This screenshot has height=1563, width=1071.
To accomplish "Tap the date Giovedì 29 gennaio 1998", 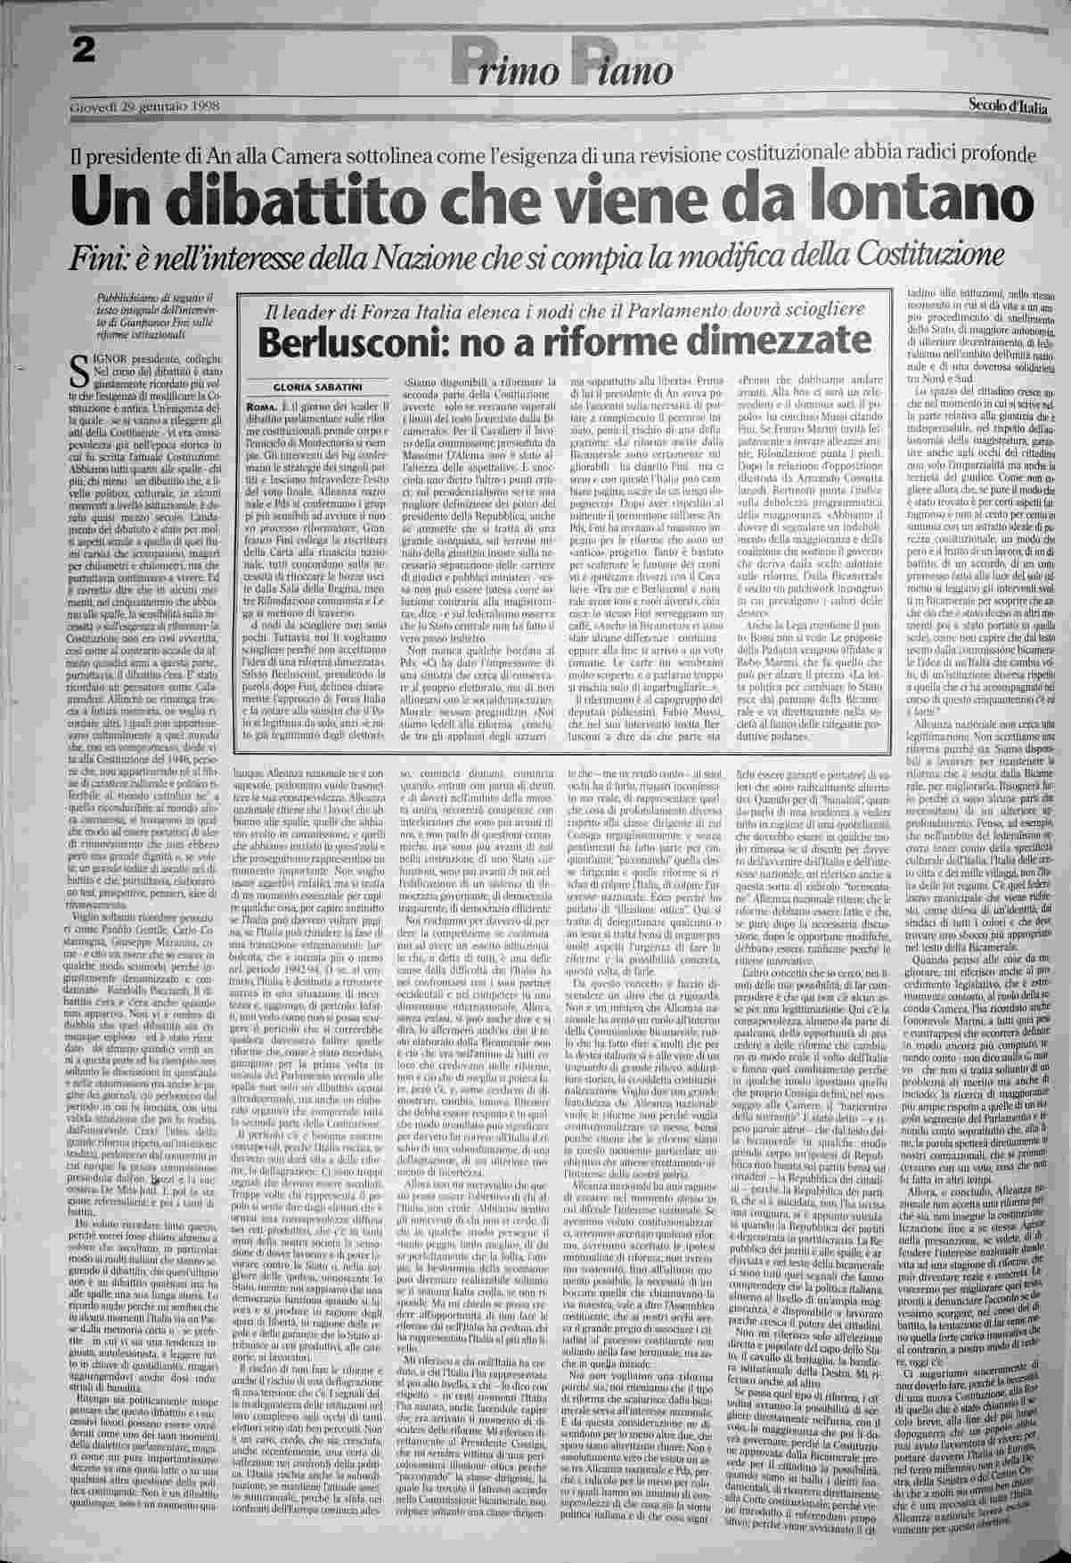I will (x=144, y=108).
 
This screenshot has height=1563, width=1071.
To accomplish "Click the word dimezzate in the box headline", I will (x=771, y=340).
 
